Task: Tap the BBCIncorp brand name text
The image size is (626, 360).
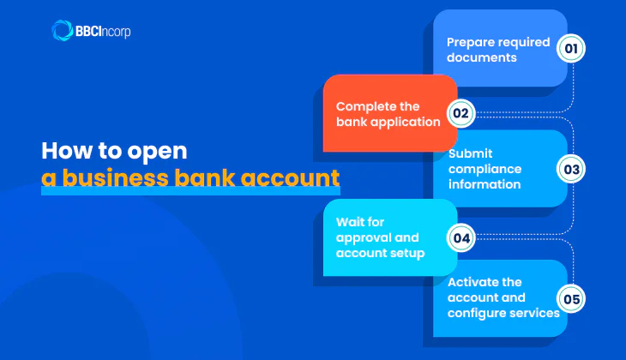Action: pos(104,32)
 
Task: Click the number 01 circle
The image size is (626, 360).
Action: pos(571,48)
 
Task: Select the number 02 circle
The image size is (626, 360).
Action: pos(461,112)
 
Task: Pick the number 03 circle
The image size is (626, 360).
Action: pos(571,169)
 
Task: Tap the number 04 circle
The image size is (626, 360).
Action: pos(461,237)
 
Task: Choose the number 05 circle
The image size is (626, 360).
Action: pos(571,298)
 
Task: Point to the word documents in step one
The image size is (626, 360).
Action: pos(482,57)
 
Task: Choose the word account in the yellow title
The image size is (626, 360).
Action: pos(288,180)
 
